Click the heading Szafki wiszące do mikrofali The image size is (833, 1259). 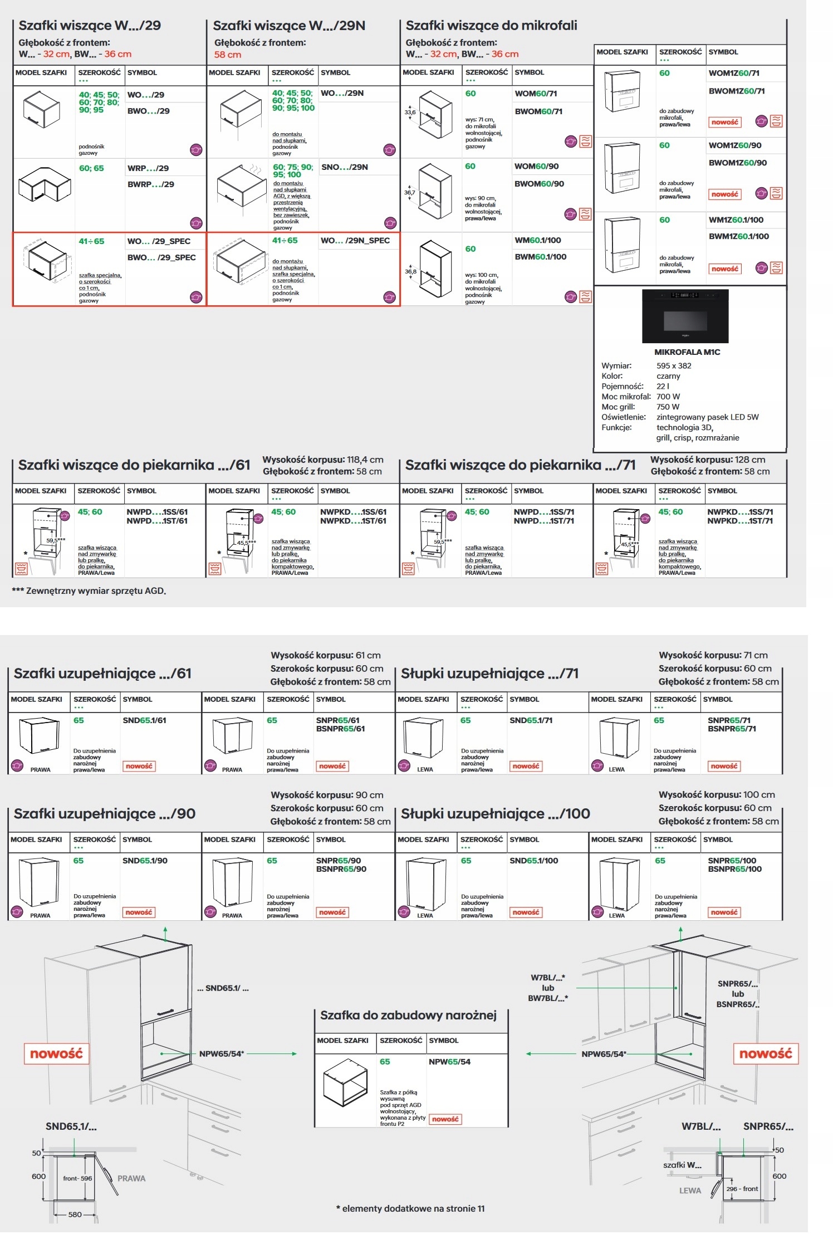point(491,26)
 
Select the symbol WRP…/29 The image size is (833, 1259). point(148,168)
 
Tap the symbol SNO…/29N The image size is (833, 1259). point(344,167)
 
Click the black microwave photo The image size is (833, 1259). point(685,316)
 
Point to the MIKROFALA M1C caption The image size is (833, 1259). point(687,352)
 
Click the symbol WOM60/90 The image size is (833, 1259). point(536,167)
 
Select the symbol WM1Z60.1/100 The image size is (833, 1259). point(736,220)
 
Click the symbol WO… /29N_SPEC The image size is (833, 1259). point(355,241)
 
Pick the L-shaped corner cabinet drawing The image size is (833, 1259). point(45,184)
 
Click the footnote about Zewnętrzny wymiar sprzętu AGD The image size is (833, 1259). point(89,591)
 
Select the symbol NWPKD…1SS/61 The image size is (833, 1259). point(352,512)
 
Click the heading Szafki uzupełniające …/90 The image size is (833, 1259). point(104,814)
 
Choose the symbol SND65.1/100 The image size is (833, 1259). point(533,861)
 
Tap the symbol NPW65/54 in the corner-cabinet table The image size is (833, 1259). point(449,1062)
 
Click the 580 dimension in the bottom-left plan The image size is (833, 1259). point(75,1214)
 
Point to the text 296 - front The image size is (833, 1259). point(742,1189)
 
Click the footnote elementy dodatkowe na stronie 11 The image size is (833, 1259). point(410,1208)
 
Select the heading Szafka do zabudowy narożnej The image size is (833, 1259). point(408,1015)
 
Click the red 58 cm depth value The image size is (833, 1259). point(228,55)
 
